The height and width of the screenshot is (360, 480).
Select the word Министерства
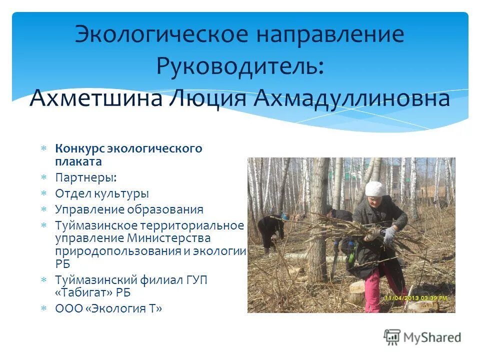pyautogui.click(x=169, y=237)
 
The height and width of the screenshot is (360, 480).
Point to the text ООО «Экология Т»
pyautogui.click(x=108, y=308)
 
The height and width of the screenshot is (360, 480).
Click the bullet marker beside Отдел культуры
pyautogui.click(x=44, y=193)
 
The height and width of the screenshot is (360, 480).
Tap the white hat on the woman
pyautogui.click(x=375, y=189)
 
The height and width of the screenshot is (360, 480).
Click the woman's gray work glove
pyautogui.click(x=389, y=234)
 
